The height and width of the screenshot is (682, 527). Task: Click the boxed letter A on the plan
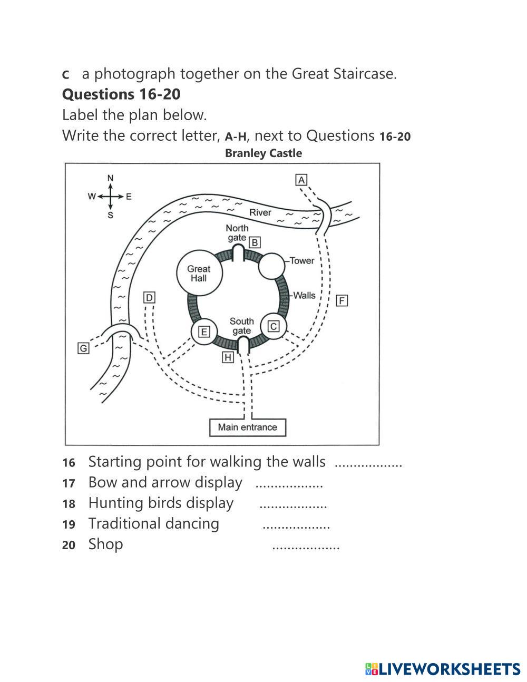point(301,180)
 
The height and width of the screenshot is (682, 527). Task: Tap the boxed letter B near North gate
point(255,242)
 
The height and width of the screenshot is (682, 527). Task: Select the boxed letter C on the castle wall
point(274,327)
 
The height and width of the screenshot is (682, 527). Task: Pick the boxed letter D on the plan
point(149,298)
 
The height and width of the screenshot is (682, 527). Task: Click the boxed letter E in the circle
point(203,332)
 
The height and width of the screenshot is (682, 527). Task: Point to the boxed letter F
point(342,300)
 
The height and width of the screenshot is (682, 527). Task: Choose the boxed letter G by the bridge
point(83,348)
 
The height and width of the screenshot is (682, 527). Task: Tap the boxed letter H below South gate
point(228,357)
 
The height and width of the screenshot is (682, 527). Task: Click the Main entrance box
point(247,427)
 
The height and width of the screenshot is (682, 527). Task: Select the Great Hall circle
point(199,273)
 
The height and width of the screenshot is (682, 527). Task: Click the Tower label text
point(301,260)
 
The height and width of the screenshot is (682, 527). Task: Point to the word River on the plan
point(260,212)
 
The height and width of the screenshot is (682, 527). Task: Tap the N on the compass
point(110,178)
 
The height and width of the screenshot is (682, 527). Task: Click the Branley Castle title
point(263,153)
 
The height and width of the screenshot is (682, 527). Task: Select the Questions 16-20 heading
point(121,94)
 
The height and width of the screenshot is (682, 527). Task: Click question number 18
point(69,504)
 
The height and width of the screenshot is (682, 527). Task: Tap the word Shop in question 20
point(105,544)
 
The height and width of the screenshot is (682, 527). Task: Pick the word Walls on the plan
point(304,295)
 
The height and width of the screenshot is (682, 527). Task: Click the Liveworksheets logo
point(443,669)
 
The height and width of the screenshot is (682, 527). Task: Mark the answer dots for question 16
point(368,465)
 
